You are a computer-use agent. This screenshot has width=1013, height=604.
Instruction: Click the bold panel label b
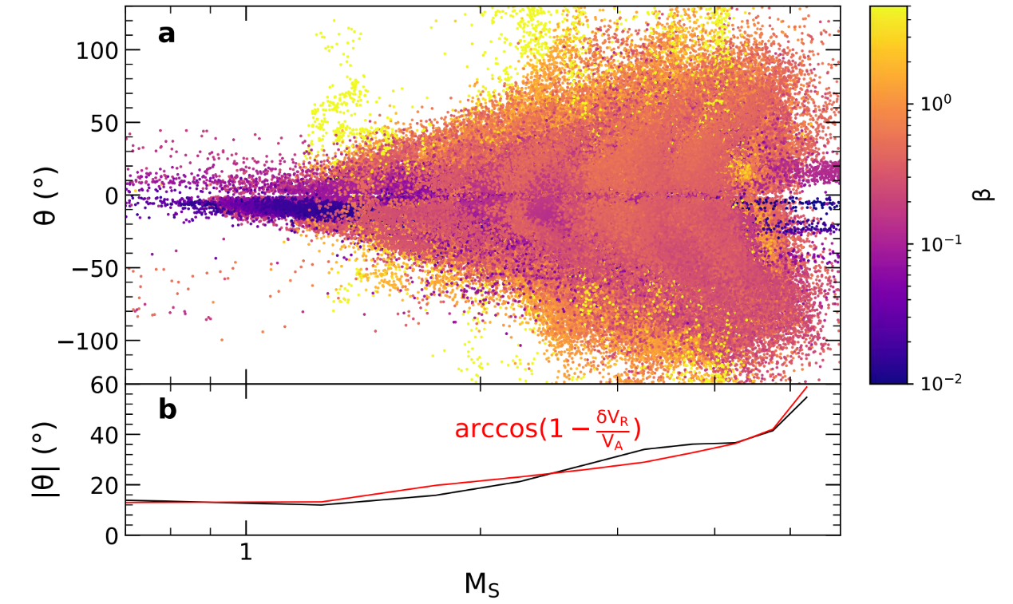[x=168, y=409]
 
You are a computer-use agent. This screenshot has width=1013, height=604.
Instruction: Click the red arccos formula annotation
[x=548, y=428]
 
